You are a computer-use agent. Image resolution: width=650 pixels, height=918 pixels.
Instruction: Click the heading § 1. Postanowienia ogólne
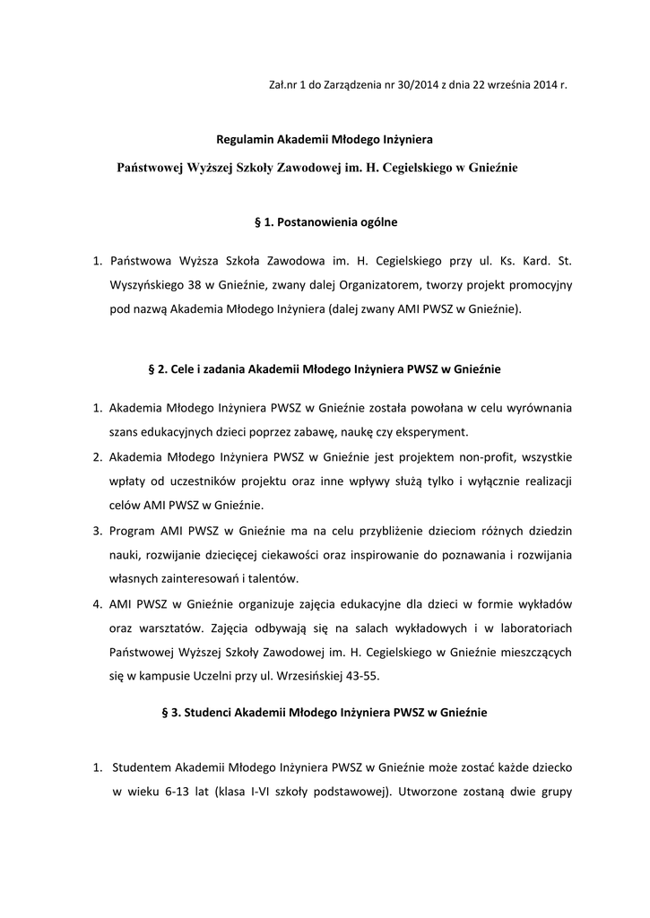click(x=325, y=220)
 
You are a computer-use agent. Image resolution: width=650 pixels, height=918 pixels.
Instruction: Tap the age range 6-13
click(x=168, y=792)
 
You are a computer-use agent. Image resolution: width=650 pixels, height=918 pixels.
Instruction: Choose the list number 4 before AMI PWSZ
click(x=97, y=602)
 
